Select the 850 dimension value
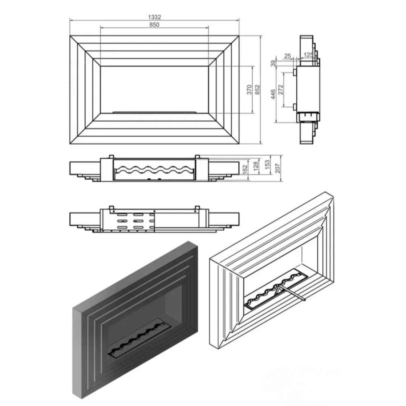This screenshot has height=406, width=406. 154,24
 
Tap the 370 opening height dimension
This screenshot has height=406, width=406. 249,90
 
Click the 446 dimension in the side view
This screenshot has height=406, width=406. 273,94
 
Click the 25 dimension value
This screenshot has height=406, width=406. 288,55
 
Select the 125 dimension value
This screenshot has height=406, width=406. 308,55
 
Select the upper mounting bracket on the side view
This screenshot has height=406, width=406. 295,72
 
